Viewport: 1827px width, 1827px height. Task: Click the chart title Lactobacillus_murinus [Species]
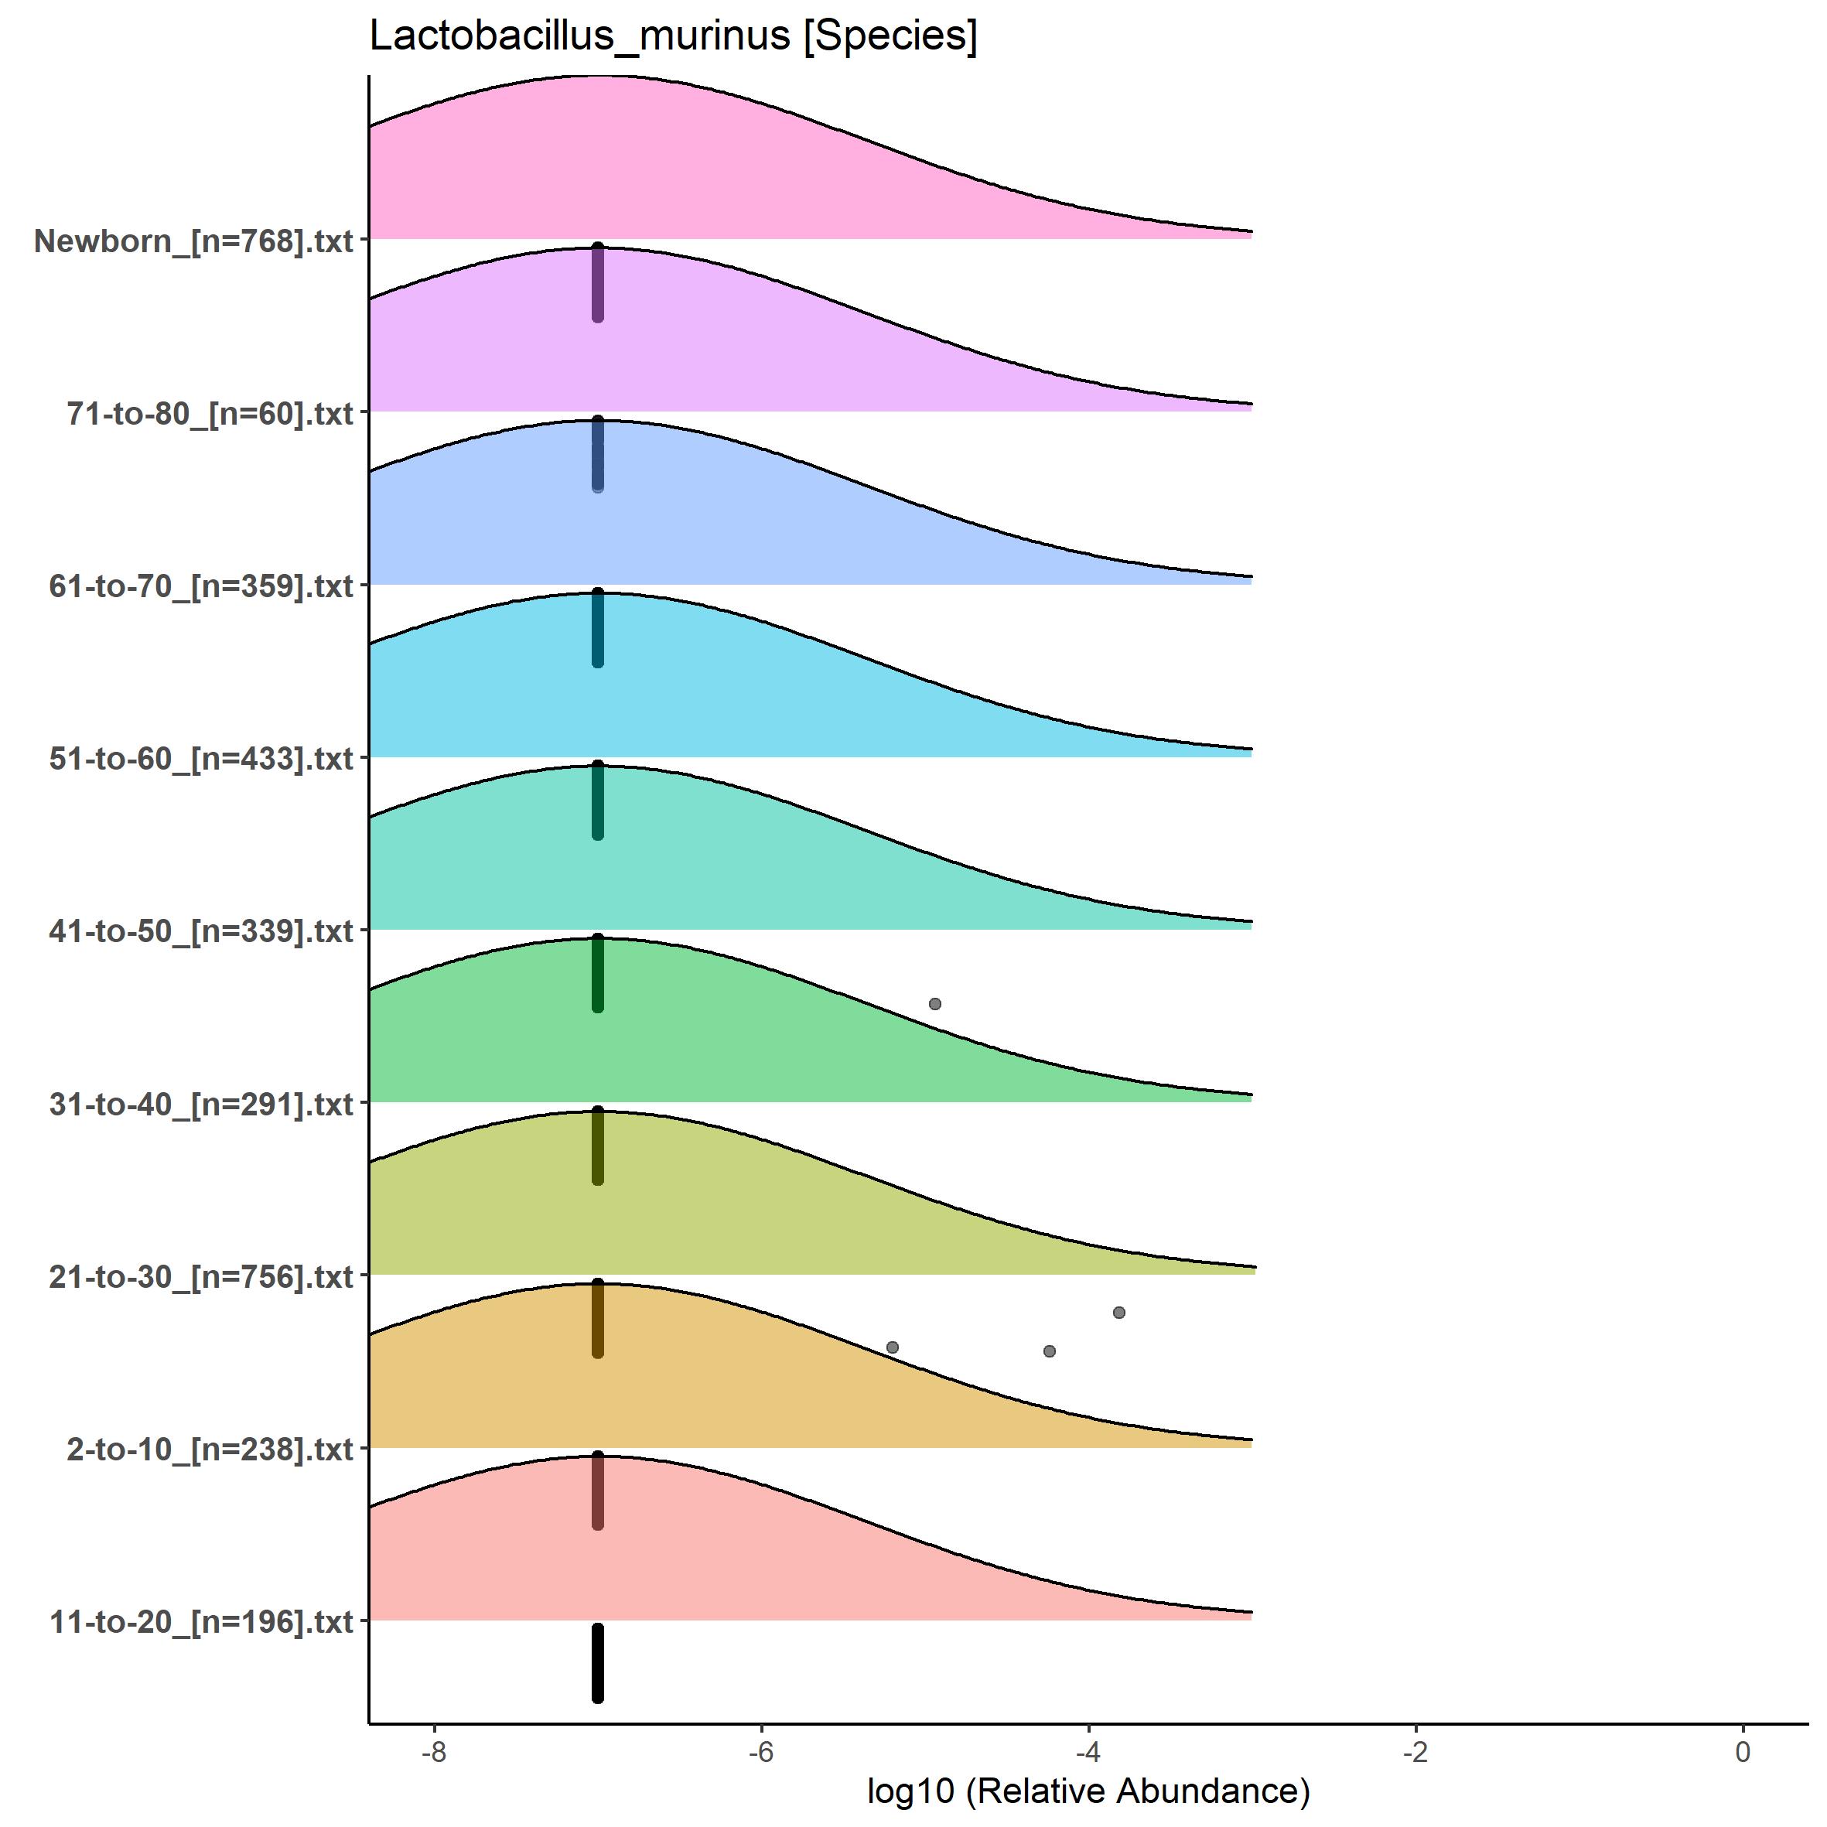click(x=673, y=36)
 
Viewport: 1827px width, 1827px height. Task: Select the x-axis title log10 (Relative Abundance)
click(x=1088, y=1791)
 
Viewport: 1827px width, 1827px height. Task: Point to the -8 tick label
click(x=433, y=1752)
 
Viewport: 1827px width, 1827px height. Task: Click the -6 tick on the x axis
click(x=761, y=1752)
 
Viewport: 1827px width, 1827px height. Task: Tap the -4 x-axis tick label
click(x=1088, y=1752)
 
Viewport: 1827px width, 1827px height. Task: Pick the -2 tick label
click(x=1415, y=1752)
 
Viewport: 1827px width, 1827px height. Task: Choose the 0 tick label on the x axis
click(x=1743, y=1752)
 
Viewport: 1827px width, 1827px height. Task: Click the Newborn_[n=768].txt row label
click(x=194, y=241)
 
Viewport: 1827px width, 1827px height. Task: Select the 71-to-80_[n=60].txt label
click(x=210, y=413)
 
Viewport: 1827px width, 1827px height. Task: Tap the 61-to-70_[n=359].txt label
click(x=201, y=586)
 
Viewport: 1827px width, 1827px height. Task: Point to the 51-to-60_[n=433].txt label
click(x=201, y=758)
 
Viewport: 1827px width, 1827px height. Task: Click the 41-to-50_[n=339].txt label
click(x=201, y=931)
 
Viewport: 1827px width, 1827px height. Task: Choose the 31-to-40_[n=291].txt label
click(x=201, y=1105)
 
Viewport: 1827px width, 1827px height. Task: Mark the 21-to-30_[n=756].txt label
click(x=201, y=1276)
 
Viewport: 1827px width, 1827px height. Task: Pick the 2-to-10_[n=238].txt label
click(x=210, y=1450)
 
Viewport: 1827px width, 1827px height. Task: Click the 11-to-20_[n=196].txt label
click(x=201, y=1623)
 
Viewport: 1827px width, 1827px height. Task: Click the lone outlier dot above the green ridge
click(x=935, y=1003)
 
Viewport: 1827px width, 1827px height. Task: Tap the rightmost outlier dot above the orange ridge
click(x=1118, y=1313)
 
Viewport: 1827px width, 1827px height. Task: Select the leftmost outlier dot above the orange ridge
click(x=892, y=1347)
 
